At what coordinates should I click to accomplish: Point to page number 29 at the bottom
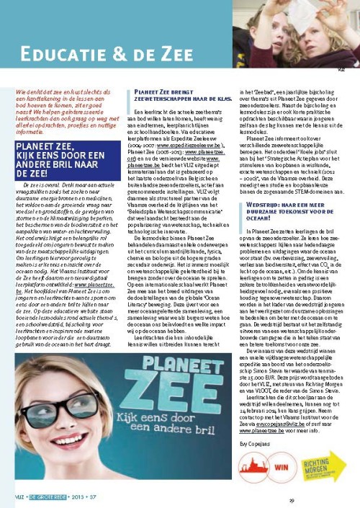click(292, 499)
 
